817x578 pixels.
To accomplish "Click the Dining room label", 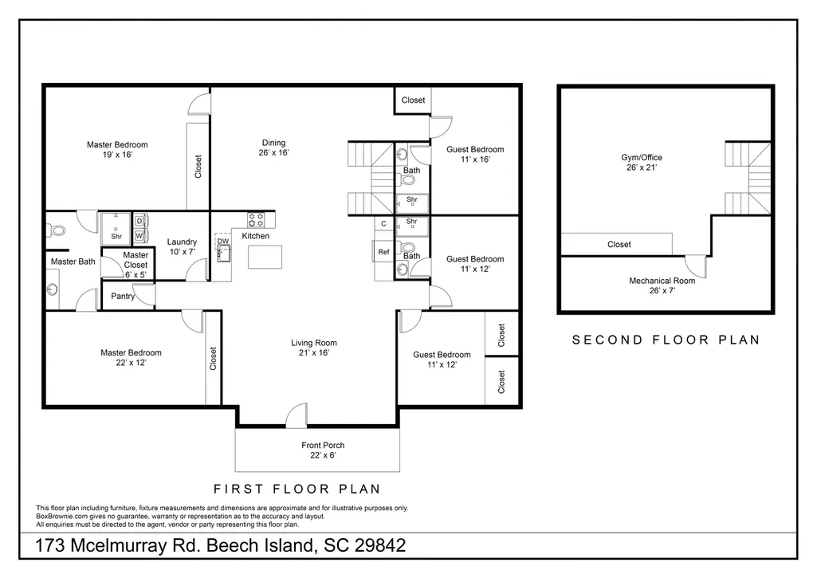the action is (x=273, y=147).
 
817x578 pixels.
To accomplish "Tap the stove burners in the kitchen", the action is (x=255, y=219).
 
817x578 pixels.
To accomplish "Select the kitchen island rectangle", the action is (x=265, y=257).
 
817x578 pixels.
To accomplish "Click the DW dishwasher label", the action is (x=223, y=241).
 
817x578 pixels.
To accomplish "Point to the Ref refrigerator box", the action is (x=383, y=251).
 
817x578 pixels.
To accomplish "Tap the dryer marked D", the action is (x=139, y=221).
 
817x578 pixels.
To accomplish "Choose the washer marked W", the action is (x=139, y=235).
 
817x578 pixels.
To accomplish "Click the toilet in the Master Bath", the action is (x=56, y=230).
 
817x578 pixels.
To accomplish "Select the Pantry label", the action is (x=123, y=296).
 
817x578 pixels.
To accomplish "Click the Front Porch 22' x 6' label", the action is (x=323, y=450).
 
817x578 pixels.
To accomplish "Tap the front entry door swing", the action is (x=297, y=415).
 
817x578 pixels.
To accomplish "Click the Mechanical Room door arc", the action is (x=696, y=266).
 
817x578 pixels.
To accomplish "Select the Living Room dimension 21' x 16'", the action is (x=314, y=353).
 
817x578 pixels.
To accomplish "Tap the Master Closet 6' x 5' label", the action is (x=136, y=265).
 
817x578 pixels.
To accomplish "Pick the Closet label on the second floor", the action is (x=619, y=245).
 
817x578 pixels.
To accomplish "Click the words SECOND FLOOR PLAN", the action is (x=666, y=340).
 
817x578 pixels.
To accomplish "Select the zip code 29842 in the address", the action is (x=380, y=545).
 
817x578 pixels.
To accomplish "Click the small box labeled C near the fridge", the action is (x=384, y=224).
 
